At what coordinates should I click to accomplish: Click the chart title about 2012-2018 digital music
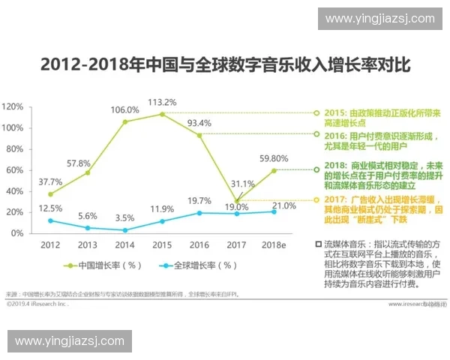(225, 65)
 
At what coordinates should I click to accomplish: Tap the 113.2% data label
(161, 102)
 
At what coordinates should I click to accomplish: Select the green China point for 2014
(124, 121)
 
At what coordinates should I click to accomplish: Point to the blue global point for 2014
(124, 230)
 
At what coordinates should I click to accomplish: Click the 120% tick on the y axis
(12, 106)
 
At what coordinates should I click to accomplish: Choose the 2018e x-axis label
(272, 245)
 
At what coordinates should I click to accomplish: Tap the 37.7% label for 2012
(50, 181)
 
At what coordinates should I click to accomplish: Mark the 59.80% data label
(274, 158)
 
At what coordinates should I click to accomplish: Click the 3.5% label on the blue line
(124, 218)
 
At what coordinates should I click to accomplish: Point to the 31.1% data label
(241, 183)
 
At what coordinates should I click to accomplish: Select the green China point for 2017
(236, 202)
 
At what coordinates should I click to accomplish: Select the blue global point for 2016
(199, 213)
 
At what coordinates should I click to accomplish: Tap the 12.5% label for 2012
(50, 208)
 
